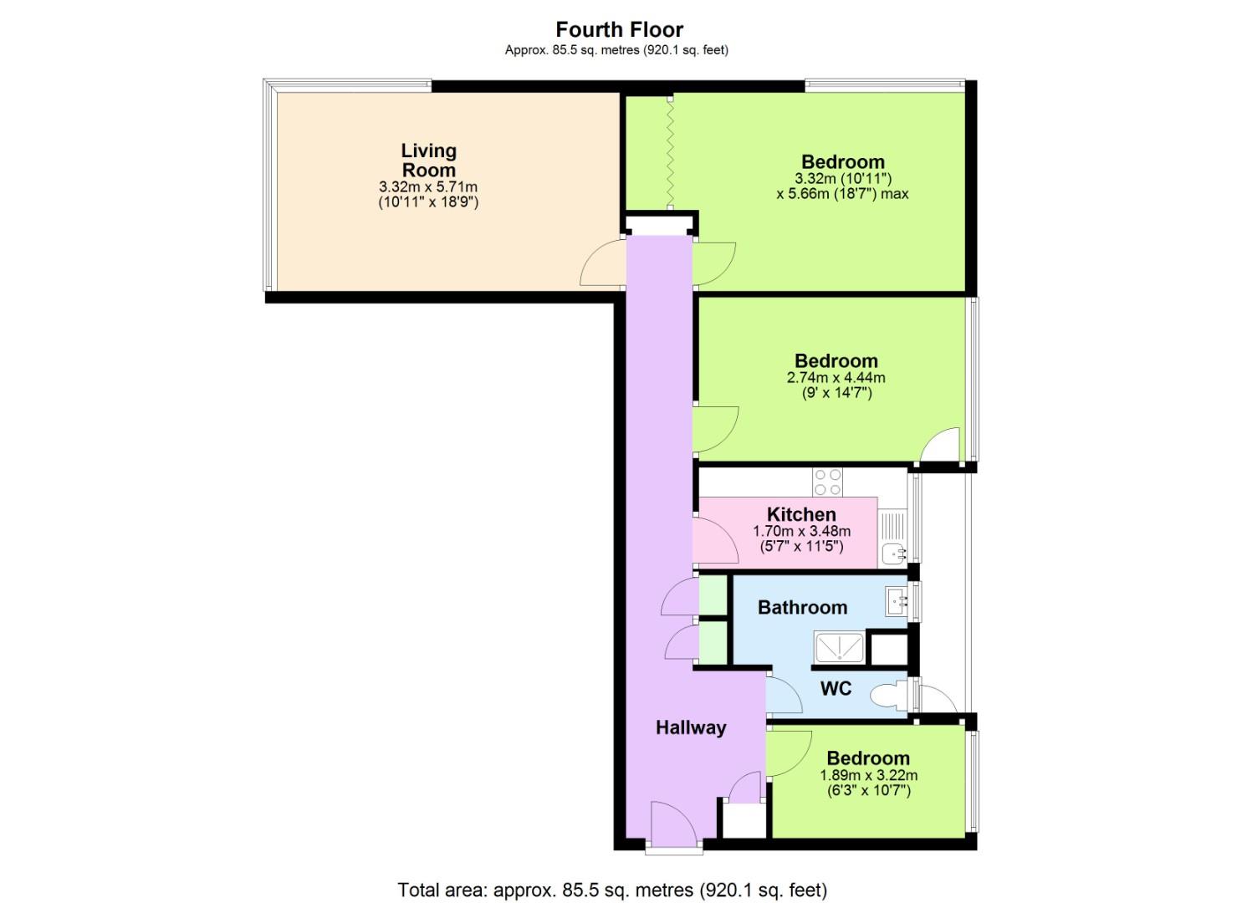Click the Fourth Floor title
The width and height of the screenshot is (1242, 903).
click(x=619, y=29)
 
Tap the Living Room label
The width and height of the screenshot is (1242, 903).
click(x=428, y=160)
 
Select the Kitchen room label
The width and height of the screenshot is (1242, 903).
click(x=801, y=514)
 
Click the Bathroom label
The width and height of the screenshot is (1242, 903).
click(x=802, y=607)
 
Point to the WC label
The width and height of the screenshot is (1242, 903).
click(x=836, y=688)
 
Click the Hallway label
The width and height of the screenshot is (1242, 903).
click(x=690, y=727)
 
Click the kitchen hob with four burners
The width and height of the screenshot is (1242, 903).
click(x=827, y=482)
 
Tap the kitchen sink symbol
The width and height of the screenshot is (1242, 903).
click(x=894, y=552)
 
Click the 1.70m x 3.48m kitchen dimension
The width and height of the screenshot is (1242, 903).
click(x=801, y=531)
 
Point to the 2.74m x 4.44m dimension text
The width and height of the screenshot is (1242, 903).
click(x=836, y=377)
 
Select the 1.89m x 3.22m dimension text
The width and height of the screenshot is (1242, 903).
click(x=868, y=775)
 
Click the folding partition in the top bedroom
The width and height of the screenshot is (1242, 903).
click(x=669, y=152)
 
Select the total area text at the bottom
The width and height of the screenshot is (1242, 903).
click(x=612, y=889)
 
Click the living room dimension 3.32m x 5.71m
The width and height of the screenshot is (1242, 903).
click(x=428, y=186)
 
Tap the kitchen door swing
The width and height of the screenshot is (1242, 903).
click(x=715, y=541)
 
